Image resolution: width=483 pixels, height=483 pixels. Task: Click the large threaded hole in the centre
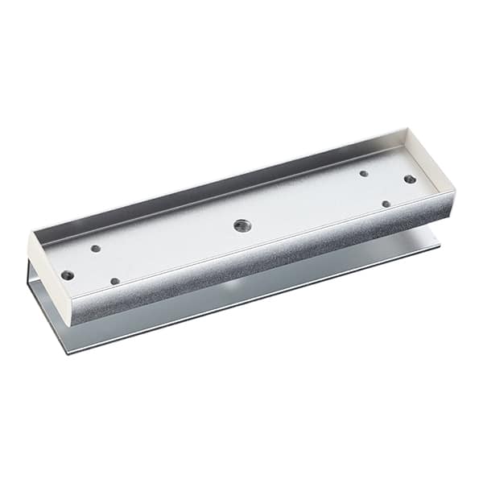point(241,225)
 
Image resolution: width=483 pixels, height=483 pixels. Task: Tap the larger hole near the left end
point(68,275)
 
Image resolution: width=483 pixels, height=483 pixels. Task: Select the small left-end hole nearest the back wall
point(96,249)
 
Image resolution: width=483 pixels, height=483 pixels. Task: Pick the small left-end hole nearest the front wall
point(114,281)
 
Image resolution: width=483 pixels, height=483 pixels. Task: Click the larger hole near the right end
point(410,179)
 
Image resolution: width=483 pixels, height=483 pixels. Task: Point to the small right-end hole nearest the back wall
point(364,173)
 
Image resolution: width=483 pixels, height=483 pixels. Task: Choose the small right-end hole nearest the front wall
point(386,204)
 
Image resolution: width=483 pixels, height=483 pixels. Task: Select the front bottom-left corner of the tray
point(73,324)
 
